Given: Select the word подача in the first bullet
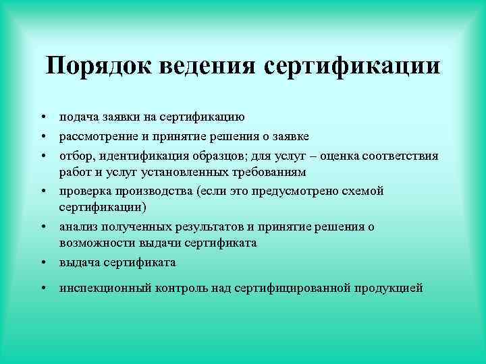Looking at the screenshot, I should click(x=78, y=117).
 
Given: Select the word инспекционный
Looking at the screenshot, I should click(x=103, y=289).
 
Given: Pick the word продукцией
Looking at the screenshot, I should click(x=387, y=289).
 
